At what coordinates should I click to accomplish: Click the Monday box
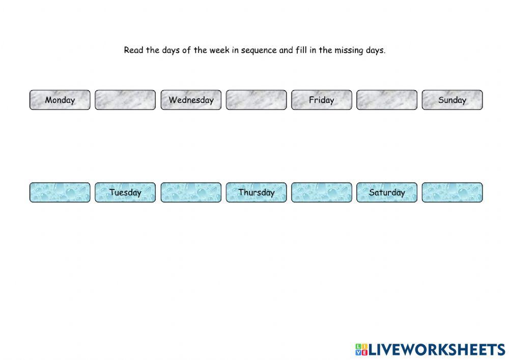click(x=60, y=100)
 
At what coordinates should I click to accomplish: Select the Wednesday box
click(x=191, y=100)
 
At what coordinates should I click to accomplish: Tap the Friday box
click(x=321, y=100)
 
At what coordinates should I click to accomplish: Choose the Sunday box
click(x=452, y=100)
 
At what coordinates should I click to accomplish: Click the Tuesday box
click(x=125, y=192)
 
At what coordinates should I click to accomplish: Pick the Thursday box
click(x=256, y=192)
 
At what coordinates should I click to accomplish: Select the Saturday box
click(x=387, y=192)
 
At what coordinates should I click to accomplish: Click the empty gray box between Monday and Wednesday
click(x=125, y=100)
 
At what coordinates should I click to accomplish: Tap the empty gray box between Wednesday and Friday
click(x=256, y=100)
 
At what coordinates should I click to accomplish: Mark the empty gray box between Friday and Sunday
click(x=387, y=100)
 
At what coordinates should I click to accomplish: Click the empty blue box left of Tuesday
click(x=60, y=192)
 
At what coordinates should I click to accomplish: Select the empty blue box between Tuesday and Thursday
click(x=191, y=192)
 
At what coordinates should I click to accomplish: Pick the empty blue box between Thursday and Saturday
click(x=321, y=192)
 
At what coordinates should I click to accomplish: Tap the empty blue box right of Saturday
click(x=452, y=192)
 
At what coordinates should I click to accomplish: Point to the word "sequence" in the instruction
click(x=259, y=51)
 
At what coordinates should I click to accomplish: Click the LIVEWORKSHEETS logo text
click(x=437, y=349)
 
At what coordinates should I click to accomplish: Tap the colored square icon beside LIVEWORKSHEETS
click(x=361, y=349)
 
